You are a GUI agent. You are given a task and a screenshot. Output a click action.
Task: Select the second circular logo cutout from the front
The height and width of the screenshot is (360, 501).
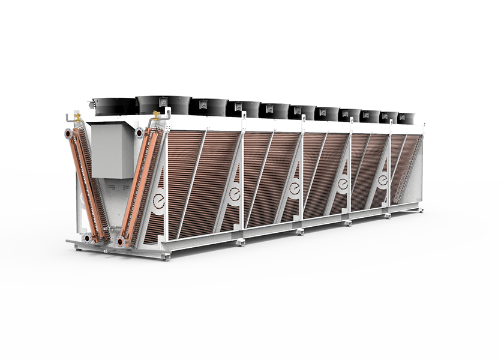[x=233, y=193]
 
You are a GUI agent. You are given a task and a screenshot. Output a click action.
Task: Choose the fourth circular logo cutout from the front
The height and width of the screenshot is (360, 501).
[x=343, y=182]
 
